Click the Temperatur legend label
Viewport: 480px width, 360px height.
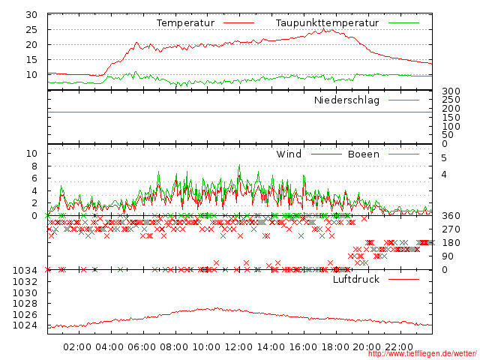185,23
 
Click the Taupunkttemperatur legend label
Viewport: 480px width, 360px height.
327,23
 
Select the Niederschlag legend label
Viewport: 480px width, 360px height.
346,100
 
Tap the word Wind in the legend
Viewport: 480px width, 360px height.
289,154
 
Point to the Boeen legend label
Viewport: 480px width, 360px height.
364,154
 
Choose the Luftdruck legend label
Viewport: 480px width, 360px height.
356,280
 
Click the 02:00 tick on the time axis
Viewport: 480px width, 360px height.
78,347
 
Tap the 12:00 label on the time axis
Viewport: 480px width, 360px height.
239,347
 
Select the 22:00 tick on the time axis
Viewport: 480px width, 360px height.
400,347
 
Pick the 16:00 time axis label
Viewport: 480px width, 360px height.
304,347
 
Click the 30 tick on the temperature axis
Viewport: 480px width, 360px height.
31,15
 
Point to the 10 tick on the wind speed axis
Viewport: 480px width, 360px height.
31,154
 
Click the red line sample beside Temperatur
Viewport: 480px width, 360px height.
239,23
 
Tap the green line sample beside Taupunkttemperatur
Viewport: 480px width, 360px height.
403,23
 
